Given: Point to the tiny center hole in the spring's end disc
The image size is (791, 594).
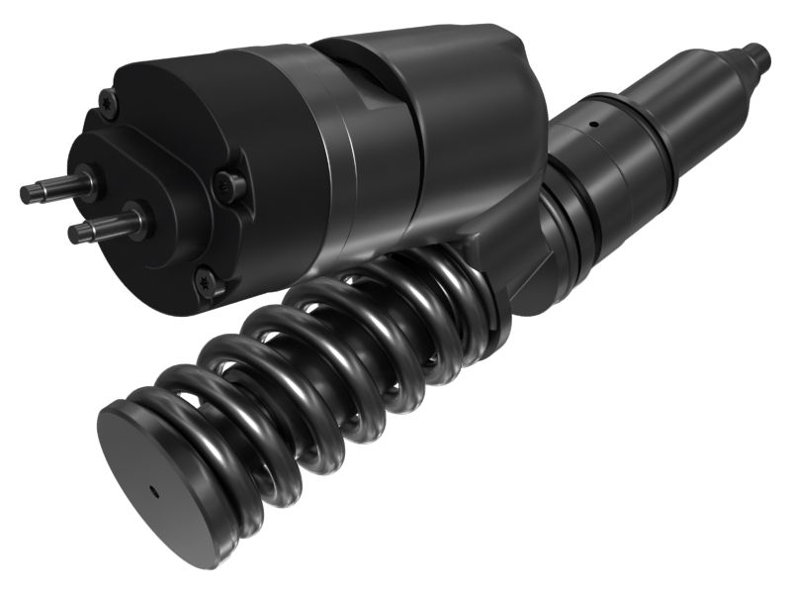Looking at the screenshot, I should (x=152, y=489).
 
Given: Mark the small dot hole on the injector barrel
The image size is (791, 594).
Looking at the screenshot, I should (x=594, y=125).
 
